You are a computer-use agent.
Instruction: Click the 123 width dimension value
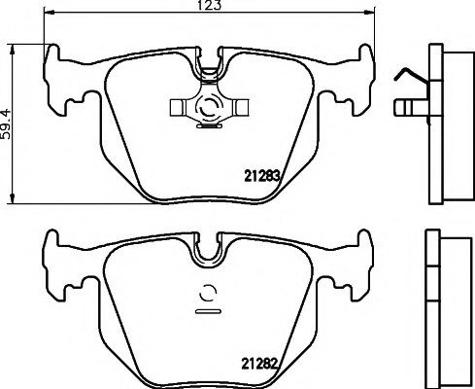pos(209,5)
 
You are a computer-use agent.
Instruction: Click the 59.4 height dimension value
pos(6,124)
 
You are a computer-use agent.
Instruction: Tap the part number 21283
pos(261,176)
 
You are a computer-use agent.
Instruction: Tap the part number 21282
pos(259,364)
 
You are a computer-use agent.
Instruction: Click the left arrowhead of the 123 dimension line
pos(48,13)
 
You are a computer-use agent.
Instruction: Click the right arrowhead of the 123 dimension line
pos(369,13)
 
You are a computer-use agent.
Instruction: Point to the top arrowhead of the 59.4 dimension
pos(13,50)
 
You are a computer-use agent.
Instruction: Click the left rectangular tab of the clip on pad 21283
pos(177,107)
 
